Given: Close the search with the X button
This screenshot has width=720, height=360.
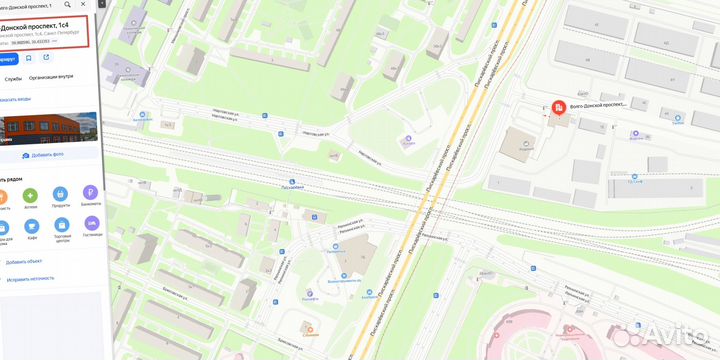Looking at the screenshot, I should pyautogui.click(x=95, y=5).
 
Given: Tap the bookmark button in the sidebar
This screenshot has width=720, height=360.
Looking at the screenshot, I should pyautogui.click(x=29, y=58).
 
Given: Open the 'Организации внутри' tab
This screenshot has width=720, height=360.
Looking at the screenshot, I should pyautogui.click(x=50, y=77).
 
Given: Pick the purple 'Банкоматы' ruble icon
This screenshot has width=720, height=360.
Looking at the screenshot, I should pyautogui.click(x=91, y=193).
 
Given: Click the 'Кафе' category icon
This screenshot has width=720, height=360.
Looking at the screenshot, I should pyautogui.click(x=33, y=229).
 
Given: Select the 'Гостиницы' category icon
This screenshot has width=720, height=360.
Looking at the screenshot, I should pyautogui.click(x=92, y=229).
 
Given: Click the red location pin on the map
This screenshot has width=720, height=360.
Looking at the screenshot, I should pyautogui.click(x=558, y=108).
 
